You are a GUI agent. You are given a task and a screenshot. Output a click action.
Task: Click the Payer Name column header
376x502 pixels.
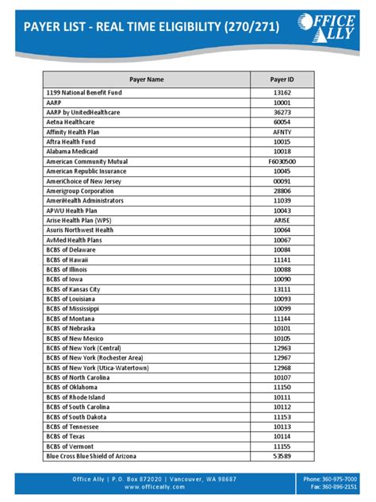coord(146,79)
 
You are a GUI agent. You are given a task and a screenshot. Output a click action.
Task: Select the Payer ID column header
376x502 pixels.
coord(282,79)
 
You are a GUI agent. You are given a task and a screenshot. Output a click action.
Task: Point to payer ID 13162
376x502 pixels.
coord(282,93)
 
